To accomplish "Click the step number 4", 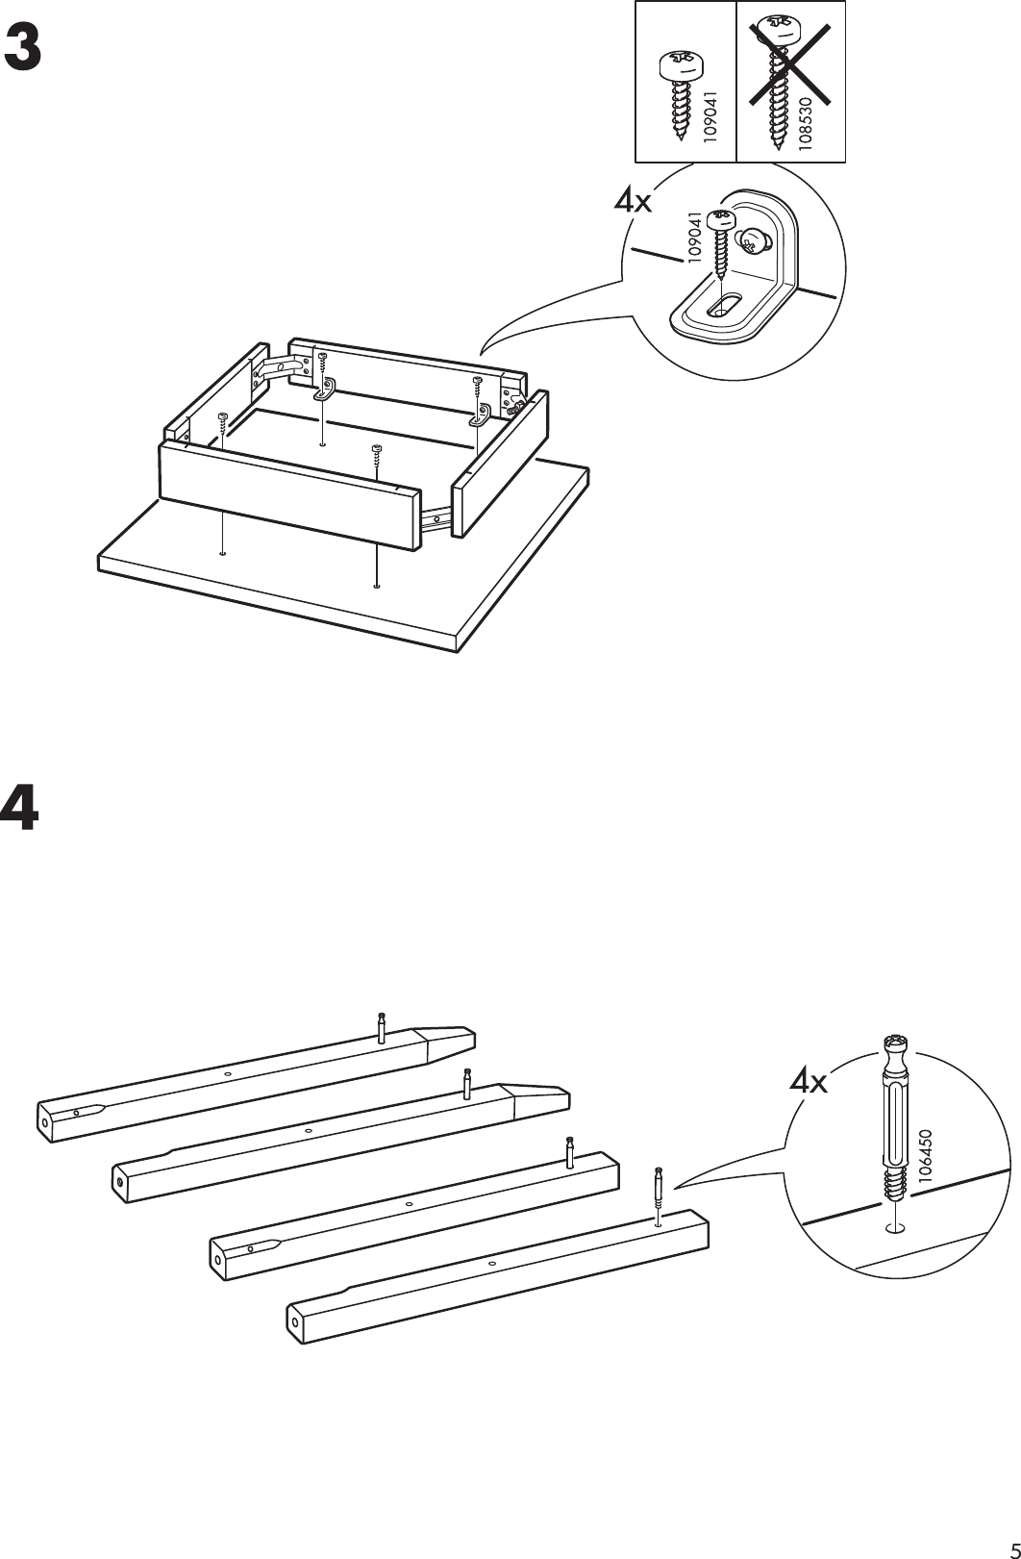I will pyautogui.click(x=21, y=808).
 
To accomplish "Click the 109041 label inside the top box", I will pyautogui.click(x=710, y=116).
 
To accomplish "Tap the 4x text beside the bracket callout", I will pyautogui.click(x=634, y=202).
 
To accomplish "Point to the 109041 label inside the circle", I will pyautogui.click(x=693, y=237).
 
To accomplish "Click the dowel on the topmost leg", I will pyautogui.click(x=382, y=1028).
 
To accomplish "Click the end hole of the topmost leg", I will pyautogui.click(x=45, y=1120).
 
